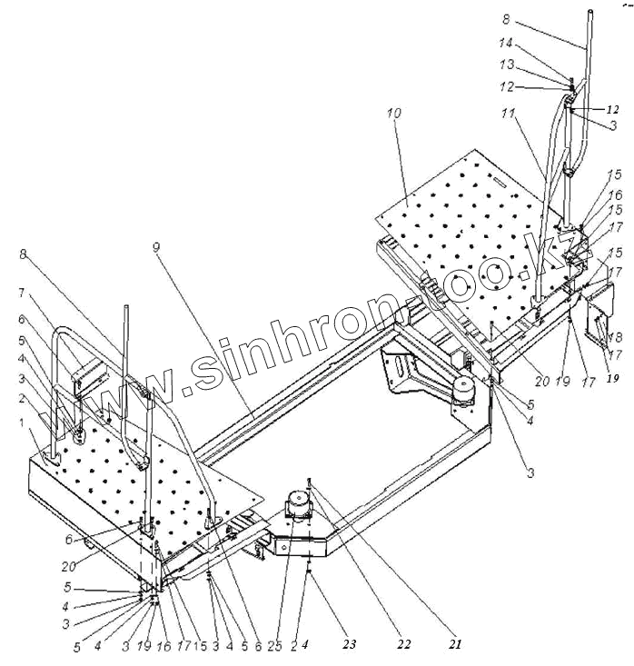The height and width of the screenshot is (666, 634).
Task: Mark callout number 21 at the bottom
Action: (x=455, y=644)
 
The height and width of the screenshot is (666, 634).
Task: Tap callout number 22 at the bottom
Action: (x=403, y=644)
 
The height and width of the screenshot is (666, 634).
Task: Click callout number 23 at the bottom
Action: (x=351, y=644)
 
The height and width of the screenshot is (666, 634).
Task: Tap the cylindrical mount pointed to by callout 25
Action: (x=298, y=504)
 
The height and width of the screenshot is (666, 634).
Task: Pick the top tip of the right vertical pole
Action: (x=591, y=12)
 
